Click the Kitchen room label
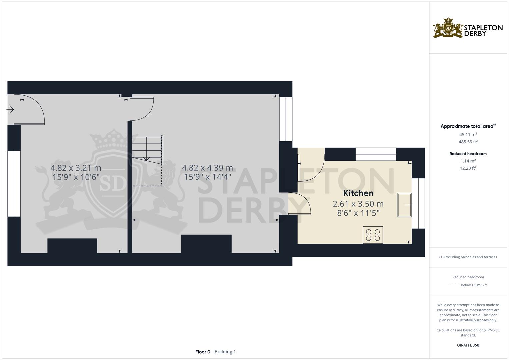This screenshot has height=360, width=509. [x=358, y=193]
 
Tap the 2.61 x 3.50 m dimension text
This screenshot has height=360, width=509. [x=358, y=204]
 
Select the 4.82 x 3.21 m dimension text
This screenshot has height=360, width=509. [x=76, y=168]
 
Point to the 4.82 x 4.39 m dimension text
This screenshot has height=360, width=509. [x=207, y=168]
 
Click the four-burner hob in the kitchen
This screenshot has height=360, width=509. [x=373, y=235]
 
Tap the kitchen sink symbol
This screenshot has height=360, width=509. [x=404, y=205]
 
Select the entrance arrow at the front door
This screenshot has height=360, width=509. [x=10, y=109]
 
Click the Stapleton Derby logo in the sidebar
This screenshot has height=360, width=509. [x=468, y=28]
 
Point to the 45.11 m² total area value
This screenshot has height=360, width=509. [x=468, y=135]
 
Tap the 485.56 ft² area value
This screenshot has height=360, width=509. [x=468, y=142]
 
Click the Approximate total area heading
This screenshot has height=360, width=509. [x=468, y=126]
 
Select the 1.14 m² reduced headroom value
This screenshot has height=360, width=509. [x=468, y=161]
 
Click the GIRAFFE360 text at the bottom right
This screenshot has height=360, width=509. [x=468, y=345]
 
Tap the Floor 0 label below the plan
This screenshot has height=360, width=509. [x=203, y=352]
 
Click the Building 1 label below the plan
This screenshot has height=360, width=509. [x=225, y=352]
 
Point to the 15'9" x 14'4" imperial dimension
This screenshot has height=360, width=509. [x=207, y=177]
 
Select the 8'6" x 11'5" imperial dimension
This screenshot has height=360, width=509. [x=358, y=213]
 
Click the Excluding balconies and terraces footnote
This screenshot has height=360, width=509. [x=468, y=257]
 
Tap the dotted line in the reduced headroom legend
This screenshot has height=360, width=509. [x=454, y=285]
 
